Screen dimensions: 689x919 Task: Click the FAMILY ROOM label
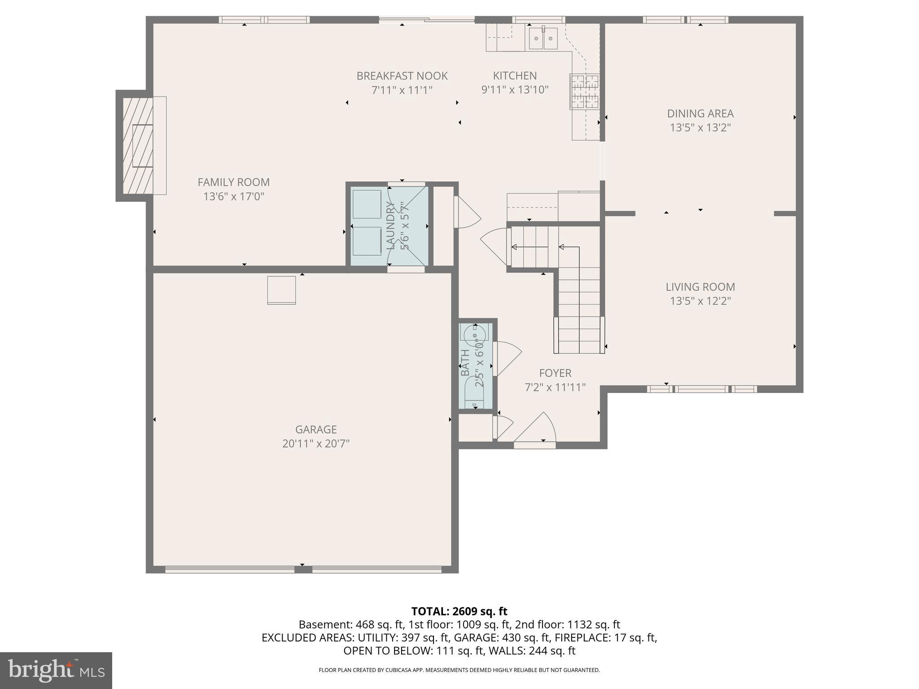tap(233, 182)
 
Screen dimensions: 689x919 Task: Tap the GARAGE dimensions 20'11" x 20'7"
tap(316, 444)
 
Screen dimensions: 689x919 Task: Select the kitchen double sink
tap(543, 38)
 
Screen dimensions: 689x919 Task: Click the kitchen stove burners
tap(585, 92)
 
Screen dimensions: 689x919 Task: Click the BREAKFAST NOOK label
tap(402, 76)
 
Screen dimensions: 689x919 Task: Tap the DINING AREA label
tap(700, 113)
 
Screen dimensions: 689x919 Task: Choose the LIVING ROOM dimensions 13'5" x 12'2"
tap(700, 301)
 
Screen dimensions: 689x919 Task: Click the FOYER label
tap(555, 373)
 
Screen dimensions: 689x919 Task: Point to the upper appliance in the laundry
tap(367, 204)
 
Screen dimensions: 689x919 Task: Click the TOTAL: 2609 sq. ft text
tap(459, 611)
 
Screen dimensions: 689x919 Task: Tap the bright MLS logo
tap(56, 670)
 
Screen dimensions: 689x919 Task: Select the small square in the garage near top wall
tap(281, 290)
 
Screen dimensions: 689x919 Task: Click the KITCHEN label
tap(515, 76)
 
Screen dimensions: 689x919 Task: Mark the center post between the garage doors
tap(303, 569)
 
